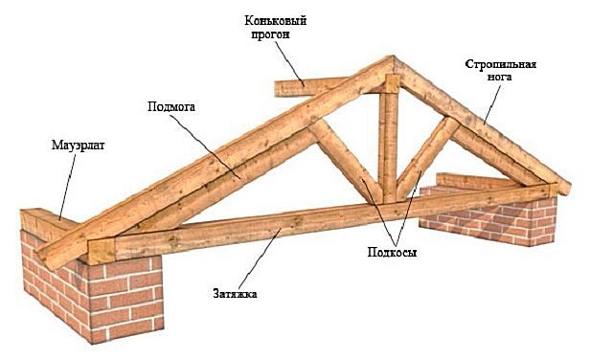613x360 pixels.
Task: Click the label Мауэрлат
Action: pos(79,146)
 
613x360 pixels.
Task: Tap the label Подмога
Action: pos(171,106)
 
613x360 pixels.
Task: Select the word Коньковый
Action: pos(276,21)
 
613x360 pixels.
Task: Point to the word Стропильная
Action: pos(501,64)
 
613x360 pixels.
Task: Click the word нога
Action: pos(499,77)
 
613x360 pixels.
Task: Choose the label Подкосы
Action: pos(392,252)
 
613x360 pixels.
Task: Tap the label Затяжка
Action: pos(235,293)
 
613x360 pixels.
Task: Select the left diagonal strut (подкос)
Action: pos(345,160)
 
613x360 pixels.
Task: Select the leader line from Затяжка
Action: pos(260,259)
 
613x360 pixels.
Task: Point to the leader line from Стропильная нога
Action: pos(491,104)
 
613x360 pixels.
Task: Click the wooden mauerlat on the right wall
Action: pos(475,181)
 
